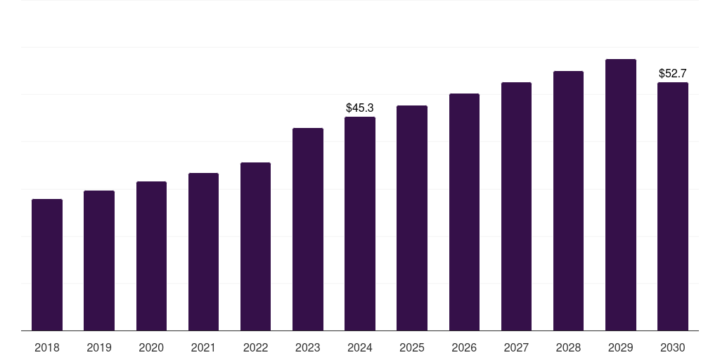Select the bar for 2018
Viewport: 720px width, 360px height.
47,265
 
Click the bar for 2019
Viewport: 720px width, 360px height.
99,261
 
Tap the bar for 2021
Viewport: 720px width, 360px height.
203,252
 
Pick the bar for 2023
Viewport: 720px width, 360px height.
308,230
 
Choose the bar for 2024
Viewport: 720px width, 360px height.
360,224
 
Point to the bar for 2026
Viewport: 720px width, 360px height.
464,212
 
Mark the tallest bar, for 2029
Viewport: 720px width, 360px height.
621,195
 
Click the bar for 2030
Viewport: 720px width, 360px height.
673,207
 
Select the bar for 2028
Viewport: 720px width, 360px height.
568,201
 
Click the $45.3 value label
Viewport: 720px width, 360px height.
360,108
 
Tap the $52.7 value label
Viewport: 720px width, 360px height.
673,73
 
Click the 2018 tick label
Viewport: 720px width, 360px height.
47,347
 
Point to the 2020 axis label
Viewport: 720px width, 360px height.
151,347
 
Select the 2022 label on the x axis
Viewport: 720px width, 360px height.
255,347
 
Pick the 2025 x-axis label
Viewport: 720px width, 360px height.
412,347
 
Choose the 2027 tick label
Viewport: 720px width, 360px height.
516,347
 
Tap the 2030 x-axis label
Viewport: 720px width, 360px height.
673,347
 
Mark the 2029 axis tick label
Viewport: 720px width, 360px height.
621,347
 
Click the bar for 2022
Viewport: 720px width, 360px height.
255,247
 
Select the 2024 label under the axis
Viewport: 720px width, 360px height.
360,347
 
